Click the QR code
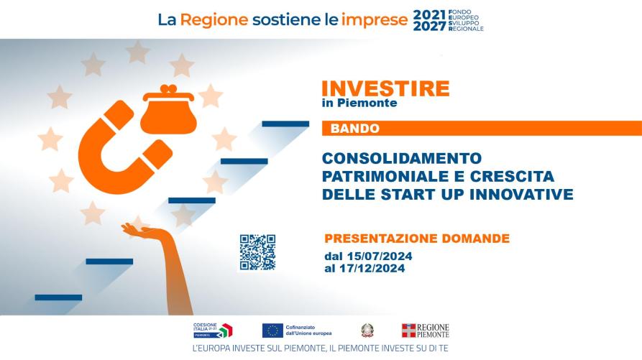click(257, 252)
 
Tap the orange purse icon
click(168, 110)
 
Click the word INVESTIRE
click(385, 88)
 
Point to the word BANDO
click(355, 129)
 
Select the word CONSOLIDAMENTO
click(402, 158)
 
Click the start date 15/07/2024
click(380, 257)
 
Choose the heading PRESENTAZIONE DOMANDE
click(417, 238)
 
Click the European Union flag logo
click(272, 331)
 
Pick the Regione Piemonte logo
click(426, 331)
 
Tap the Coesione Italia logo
click(213, 330)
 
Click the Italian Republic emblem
click(367, 331)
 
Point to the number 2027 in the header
click(429, 26)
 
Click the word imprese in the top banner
click(375, 20)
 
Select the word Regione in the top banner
click(214, 20)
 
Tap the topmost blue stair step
click(285, 124)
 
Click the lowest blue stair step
click(58, 297)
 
